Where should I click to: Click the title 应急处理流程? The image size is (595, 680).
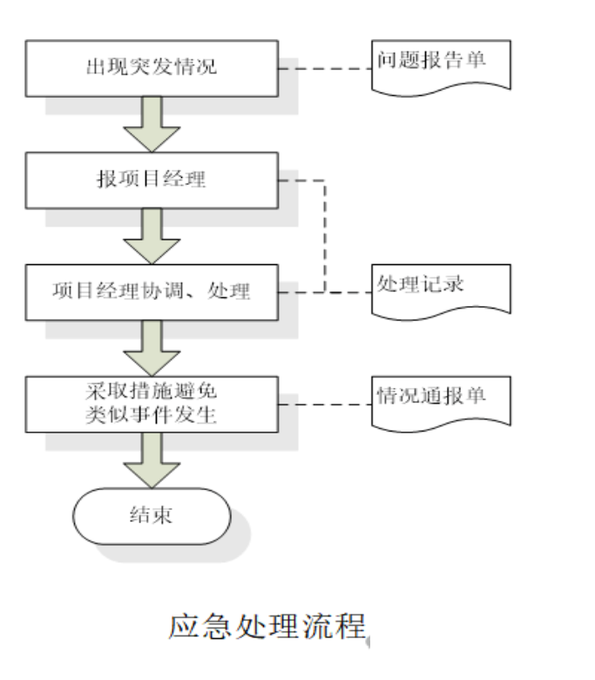267,626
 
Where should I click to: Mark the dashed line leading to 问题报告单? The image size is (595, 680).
324,68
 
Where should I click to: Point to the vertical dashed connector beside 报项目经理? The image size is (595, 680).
324,235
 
